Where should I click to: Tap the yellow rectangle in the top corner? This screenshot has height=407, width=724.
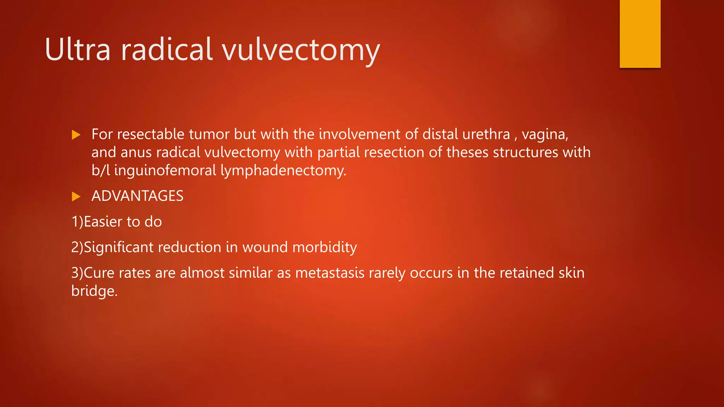click(640, 34)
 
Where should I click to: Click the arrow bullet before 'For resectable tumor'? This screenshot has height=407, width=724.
click(76, 135)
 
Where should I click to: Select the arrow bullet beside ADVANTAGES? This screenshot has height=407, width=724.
click(76, 196)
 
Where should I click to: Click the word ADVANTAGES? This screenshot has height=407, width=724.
click(138, 196)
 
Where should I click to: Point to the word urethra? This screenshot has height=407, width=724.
click(486, 134)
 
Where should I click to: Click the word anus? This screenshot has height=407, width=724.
click(136, 153)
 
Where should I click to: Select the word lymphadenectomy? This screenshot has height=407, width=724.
click(283, 171)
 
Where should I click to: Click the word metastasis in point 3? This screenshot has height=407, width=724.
click(330, 273)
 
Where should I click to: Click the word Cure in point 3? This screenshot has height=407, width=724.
click(99, 273)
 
